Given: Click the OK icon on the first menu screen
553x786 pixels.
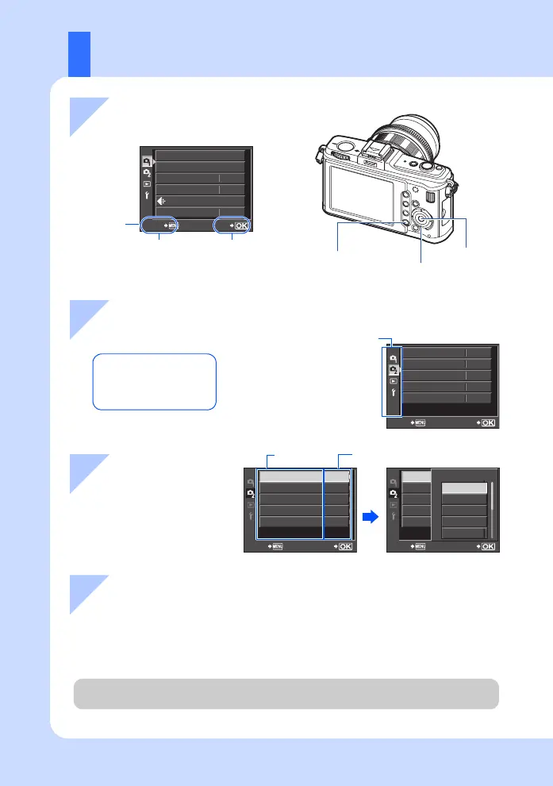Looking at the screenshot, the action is (x=241, y=225).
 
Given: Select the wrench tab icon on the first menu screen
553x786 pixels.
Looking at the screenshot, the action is (x=146, y=195).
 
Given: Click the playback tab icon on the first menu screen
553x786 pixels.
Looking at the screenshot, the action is (x=146, y=183).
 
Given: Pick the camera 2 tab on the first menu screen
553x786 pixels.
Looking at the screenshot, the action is (x=146, y=171).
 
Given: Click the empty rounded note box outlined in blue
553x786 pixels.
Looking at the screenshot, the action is (x=155, y=381).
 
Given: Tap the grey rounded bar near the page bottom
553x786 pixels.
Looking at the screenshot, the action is (x=286, y=693).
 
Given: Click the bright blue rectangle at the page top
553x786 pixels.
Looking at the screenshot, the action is (x=79, y=54).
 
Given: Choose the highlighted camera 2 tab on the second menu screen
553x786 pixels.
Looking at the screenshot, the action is (x=393, y=370).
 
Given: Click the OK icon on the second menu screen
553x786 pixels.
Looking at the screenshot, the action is (x=487, y=422).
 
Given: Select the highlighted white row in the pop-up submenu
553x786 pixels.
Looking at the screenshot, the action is (x=464, y=490).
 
